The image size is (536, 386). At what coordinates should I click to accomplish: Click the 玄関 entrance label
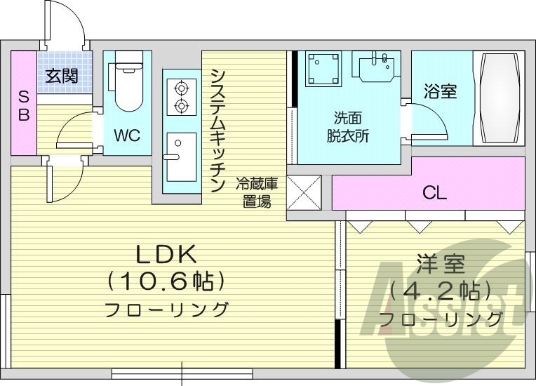point(62,76)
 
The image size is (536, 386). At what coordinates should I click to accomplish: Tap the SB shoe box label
point(23,105)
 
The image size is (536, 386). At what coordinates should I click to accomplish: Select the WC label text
point(128,135)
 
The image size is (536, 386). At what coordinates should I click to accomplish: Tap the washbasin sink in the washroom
point(377,67)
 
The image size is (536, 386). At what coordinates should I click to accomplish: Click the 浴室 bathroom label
point(441,92)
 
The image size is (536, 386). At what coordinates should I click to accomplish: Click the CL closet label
point(434,192)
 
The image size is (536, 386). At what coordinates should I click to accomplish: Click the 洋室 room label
point(441,265)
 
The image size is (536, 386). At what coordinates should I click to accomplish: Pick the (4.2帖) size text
point(441,291)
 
